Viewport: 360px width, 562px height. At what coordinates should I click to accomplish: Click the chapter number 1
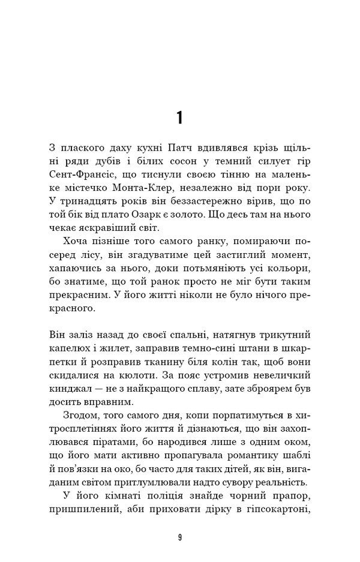click(180, 118)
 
